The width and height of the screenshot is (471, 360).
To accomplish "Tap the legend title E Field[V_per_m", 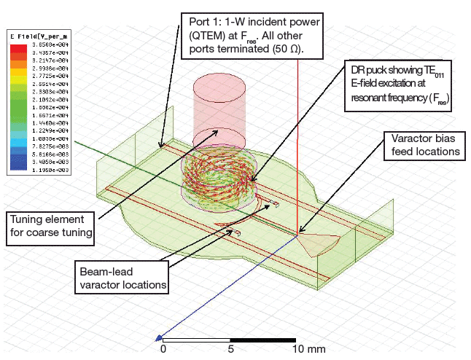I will point(36,34).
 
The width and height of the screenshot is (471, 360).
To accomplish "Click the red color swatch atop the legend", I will point(17,47).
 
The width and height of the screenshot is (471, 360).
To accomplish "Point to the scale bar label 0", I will point(163,350).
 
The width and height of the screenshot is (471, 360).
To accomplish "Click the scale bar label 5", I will point(231,350).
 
